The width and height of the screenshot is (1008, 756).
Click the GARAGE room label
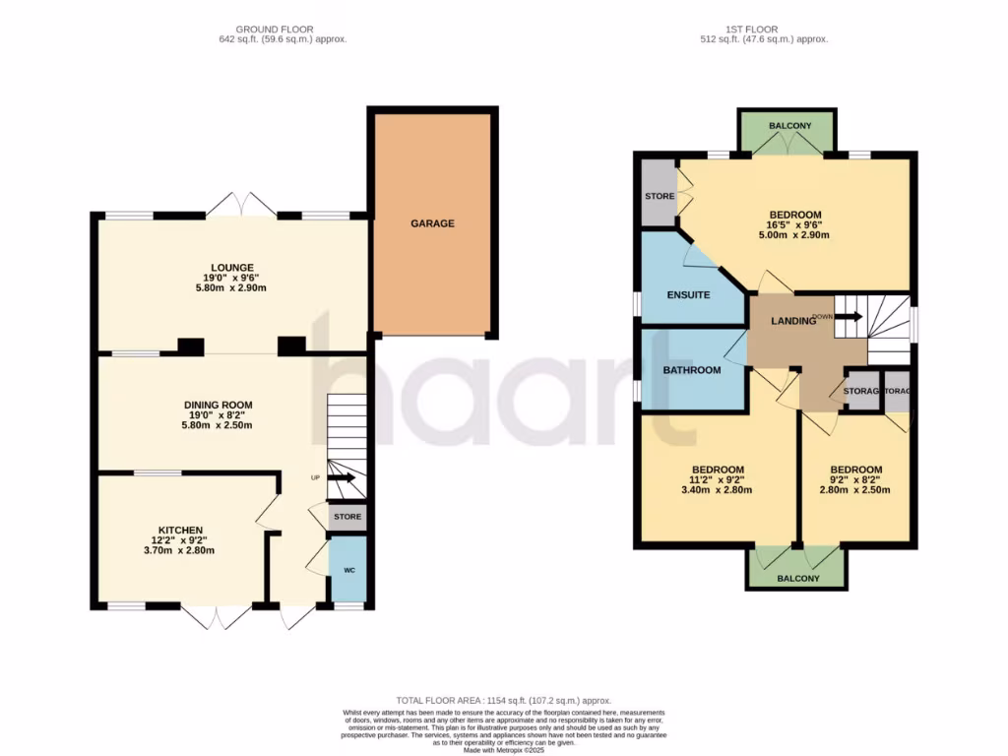pyautogui.click(x=432, y=223)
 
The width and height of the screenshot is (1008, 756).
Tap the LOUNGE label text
pyautogui.click(x=231, y=267)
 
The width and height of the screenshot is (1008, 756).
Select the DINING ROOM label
pyautogui.click(x=218, y=405)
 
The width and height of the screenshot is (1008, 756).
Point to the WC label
pyautogui.click(x=348, y=570)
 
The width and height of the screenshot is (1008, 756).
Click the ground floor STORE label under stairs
pyautogui.click(x=346, y=517)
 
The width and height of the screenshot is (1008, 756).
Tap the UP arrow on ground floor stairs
pyautogui.click(x=342, y=478)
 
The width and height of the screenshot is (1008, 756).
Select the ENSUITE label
pyautogui.click(x=688, y=294)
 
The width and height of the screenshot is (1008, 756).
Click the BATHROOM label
pyautogui.click(x=691, y=370)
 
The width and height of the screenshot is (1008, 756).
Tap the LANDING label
pyautogui.click(x=792, y=321)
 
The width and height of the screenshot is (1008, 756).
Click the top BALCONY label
pyautogui.click(x=790, y=126)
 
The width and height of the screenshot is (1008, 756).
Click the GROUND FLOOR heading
pyautogui.click(x=283, y=30)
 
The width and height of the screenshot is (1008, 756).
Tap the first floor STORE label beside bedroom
pyautogui.click(x=660, y=196)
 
